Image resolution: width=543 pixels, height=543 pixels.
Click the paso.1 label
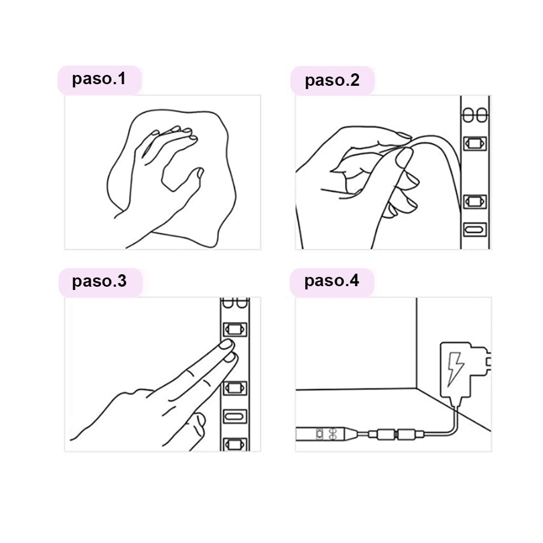99,79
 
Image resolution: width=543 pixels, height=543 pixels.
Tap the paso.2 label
332,80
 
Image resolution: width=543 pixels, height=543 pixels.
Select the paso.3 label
99,281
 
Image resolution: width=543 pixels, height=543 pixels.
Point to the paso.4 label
331,281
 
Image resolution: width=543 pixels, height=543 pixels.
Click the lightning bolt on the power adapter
455,369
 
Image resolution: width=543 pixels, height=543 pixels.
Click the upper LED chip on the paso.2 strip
475,143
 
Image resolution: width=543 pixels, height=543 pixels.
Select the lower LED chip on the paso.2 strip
475,201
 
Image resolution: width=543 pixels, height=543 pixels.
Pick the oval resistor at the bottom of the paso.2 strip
475,230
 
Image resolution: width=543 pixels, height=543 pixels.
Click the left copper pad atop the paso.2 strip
468,115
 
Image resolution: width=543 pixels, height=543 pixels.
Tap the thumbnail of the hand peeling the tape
404,157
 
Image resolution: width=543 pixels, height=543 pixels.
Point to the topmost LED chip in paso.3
235,330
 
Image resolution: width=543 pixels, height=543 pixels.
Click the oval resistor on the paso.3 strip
235,416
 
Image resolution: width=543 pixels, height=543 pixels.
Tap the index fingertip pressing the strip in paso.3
226,344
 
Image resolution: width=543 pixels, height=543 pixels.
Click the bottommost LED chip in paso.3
235,444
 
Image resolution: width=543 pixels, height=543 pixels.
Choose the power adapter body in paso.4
456,370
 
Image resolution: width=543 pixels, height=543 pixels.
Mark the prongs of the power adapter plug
488,362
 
